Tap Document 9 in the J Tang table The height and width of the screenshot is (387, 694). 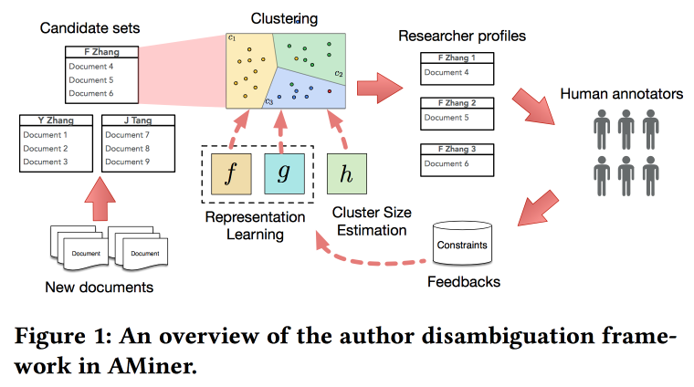128,162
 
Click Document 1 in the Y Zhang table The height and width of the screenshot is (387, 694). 46,135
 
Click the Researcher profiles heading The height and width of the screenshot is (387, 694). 462,37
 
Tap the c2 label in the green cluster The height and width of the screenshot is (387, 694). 338,73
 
